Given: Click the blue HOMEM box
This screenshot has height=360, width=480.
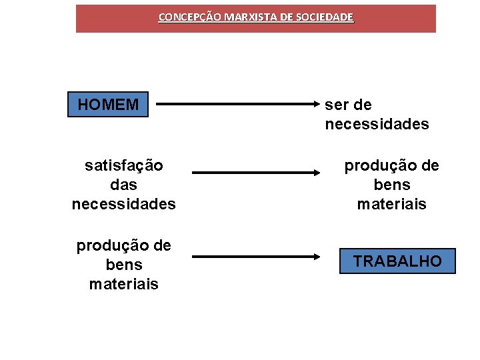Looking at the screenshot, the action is tap(108, 105).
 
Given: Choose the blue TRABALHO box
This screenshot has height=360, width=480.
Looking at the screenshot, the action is tap(397, 261).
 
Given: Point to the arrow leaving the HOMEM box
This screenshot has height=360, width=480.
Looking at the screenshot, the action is tap(233, 105).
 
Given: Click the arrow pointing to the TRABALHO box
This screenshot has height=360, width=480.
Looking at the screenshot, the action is tap(260, 257).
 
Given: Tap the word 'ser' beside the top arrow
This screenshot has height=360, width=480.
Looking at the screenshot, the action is tap(337, 105).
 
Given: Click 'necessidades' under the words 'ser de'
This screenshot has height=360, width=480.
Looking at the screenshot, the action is tap(377, 125).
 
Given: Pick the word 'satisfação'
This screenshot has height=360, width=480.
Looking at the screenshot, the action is tap(124, 165).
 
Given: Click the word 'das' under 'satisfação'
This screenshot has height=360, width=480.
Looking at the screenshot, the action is tap(124, 184).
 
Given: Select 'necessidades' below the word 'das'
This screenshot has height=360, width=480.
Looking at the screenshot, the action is tap(124, 204).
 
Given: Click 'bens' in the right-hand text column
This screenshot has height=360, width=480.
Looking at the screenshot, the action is tap(392, 185).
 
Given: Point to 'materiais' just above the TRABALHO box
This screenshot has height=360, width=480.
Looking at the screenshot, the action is tap(392, 204).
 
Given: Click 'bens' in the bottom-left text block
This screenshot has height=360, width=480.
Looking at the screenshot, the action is tap(124, 265).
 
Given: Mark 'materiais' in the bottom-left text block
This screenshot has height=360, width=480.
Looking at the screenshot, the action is tap(124, 285).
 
